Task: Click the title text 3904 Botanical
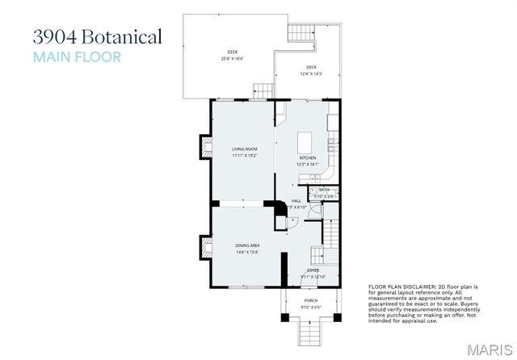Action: (x=97, y=37)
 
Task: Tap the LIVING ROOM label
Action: (x=244, y=149)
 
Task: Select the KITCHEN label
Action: (x=307, y=157)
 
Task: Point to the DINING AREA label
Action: (x=247, y=245)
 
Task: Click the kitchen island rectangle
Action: (x=309, y=137)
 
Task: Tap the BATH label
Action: (x=323, y=190)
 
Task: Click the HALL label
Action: (x=296, y=201)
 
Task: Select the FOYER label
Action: (x=312, y=270)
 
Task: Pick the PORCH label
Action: (x=310, y=300)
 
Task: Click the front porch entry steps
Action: (x=310, y=331)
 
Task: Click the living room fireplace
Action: (x=204, y=148)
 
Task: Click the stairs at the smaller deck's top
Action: (x=301, y=33)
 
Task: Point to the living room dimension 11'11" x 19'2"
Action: (x=244, y=155)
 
